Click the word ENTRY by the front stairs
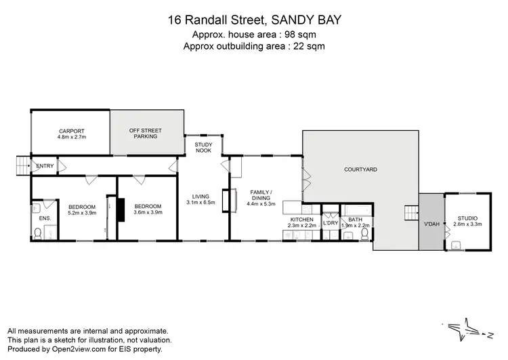pos(45,166)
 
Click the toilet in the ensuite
pos(38,234)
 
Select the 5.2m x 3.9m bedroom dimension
pos(81,213)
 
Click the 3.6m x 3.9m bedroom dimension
pos(147,213)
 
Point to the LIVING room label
pos(200,197)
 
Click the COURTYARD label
pos(360,169)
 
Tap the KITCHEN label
pos(301,220)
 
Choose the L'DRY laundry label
pos(331,222)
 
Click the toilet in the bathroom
pos(364,235)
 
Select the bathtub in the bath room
pos(355,209)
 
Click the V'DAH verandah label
pos(431,224)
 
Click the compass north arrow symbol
pos(468,330)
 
